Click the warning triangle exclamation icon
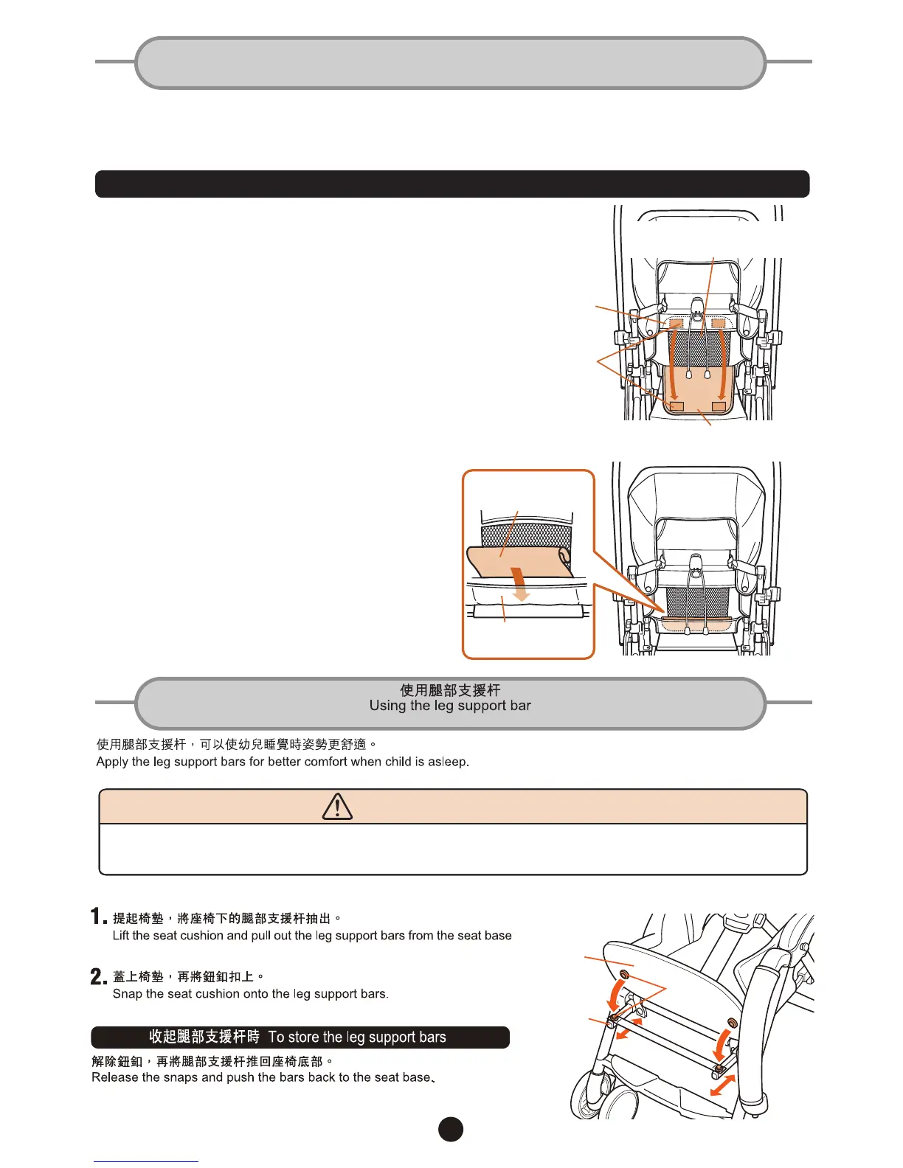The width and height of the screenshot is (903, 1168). coord(337,807)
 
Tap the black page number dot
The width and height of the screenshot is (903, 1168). coord(451,1129)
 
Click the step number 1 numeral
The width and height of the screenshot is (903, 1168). coord(98,917)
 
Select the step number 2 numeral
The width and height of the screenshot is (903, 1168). coord(98,976)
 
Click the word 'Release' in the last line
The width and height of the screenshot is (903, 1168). coord(114,1077)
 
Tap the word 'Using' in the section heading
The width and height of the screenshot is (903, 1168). coord(387,706)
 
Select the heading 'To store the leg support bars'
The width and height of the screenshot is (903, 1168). coord(357,1037)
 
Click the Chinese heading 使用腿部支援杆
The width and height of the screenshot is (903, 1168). coord(450,689)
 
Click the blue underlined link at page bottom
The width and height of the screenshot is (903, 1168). coord(145,1161)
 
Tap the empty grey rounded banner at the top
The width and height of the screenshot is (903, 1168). coord(451,63)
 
